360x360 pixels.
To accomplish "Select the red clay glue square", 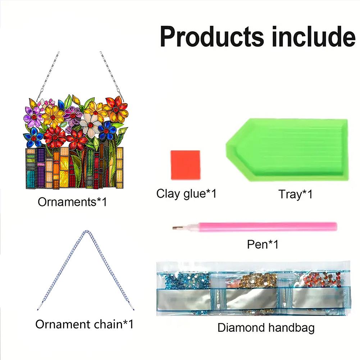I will coord(185,165).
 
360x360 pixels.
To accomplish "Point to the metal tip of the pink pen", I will coord(175,227).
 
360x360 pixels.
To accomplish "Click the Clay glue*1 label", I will coord(186,194).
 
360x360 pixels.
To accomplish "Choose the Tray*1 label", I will coord(295,195).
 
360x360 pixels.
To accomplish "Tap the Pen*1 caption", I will coord(263,245).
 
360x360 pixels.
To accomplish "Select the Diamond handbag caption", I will coord(266,328).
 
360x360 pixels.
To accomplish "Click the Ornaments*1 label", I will coord(72,202).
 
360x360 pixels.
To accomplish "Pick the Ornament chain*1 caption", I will coord(84,324).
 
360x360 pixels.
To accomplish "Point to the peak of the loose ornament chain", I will coord(85,232).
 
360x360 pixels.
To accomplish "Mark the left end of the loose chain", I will coord(37,308).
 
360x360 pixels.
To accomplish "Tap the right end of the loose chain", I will coord(132,308).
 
